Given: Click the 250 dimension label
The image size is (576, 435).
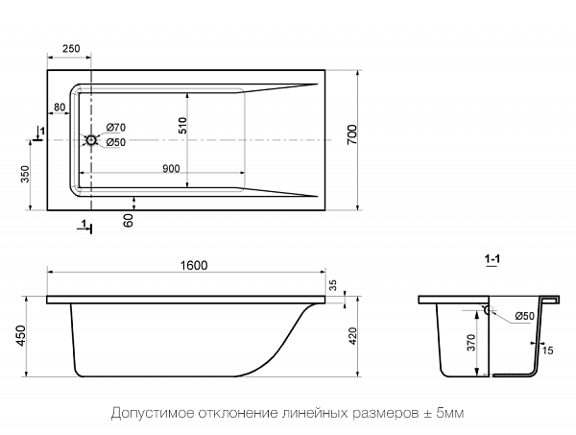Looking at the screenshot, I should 70,48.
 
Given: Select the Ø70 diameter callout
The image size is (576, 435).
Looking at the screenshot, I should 116,129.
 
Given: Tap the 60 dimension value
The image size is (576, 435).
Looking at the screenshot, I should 129,220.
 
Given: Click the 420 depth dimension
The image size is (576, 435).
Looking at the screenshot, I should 353,336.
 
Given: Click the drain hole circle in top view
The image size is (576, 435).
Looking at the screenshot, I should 91,141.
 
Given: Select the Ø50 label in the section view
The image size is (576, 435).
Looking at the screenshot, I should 524,316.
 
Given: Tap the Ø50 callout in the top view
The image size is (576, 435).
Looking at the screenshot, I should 116,142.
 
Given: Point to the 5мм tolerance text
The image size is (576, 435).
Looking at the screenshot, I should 450,414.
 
